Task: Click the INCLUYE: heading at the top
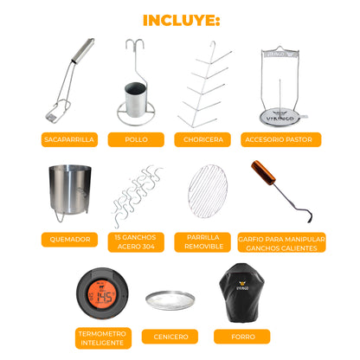(x=182, y=20)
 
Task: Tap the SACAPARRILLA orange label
(x=69, y=139)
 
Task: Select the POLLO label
(x=136, y=139)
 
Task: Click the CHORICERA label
(x=202, y=139)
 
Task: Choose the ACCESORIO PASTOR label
(x=281, y=139)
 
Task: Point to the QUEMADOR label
(x=69, y=240)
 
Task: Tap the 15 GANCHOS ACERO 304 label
(x=136, y=242)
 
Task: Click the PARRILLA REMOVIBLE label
(x=202, y=242)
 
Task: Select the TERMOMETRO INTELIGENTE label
(x=103, y=338)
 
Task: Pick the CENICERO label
(x=170, y=337)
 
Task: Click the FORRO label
(x=242, y=337)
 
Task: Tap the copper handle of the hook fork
(x=263, y=172)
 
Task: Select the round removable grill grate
(x=208, y=191)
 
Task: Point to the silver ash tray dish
(x=170, y=300)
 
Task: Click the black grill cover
(x=241, y=292)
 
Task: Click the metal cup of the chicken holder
(x=135, y=100)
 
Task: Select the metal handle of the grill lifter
(x=82, y=50)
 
